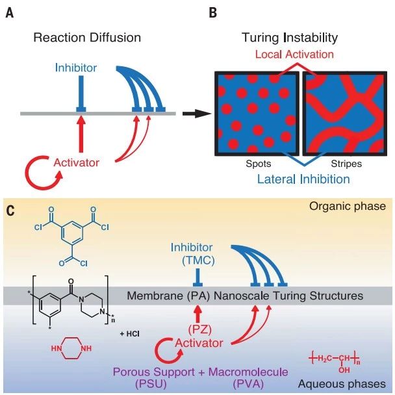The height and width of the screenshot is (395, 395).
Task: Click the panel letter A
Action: pyautogui.click(x=10, y=13)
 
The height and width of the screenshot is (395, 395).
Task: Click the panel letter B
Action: pyautogui.click(x=213, y=13)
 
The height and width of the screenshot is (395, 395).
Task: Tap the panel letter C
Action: pyautogui.click(x=10, y=210)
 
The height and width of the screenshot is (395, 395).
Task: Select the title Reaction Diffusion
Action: pyautogui.click(x=87, y=38)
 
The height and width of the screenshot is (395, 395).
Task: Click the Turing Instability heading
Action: pyautogui.click(x=290, y=38)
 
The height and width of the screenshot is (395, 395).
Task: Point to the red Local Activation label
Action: pyautogui.click(x=294, y=54)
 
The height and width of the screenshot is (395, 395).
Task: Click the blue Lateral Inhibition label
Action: pyautogui.click(x=303, y=179)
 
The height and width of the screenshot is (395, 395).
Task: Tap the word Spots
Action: pyautogui.click(x=259, y=164)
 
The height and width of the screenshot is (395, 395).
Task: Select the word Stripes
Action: pyautogui.click(x=346, y=164)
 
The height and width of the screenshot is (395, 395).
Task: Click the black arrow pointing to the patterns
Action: pyautogui.click(x=197, y=114)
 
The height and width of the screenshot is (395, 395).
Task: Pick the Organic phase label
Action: pyautogui.click(x=348, y=207)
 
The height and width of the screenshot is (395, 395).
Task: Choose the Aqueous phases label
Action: pyautogui.click(x=342, y=384)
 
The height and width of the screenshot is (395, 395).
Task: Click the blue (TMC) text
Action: pyautogui.click(x=198, y=260)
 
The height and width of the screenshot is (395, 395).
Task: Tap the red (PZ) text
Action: pyautogui.click(x=199, y=330)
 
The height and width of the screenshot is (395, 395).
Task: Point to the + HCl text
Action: pyautogui.click(x=130, y=334)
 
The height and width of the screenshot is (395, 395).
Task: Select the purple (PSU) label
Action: pyautogui.click(x=151, y=385)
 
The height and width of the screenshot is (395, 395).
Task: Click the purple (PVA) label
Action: pyautogui.click(x=248, y=385)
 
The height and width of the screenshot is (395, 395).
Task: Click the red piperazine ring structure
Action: pyautogui.click(x=71, y=348)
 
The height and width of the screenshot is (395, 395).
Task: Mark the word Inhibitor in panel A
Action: pyautogui.click(x=76, y=68)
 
